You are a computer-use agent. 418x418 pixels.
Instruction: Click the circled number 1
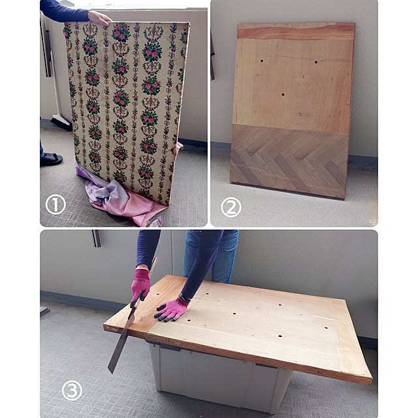(56, 205)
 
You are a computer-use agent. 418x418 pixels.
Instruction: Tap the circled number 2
(231, 208)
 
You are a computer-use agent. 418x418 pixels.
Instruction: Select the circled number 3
(72, 391)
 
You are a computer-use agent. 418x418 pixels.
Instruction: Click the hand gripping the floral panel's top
(99, 18)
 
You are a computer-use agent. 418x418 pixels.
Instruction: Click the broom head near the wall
(61, 123)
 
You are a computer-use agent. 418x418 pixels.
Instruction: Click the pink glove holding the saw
(140, 285)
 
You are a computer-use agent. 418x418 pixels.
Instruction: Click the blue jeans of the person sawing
(210, 256)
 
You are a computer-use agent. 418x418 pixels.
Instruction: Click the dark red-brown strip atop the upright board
(296, 31)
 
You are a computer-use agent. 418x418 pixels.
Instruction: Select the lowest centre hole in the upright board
(283, 94)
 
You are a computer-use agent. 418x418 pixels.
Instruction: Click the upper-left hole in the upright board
(262, 61)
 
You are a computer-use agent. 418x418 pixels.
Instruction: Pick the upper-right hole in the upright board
(316, 62)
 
